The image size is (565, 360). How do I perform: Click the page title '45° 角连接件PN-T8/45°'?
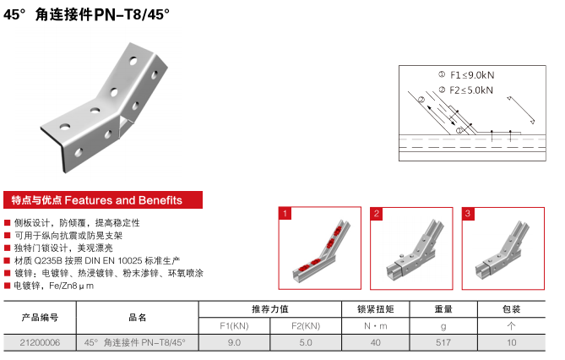[x=86, y=15]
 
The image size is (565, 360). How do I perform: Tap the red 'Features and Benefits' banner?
[x=103, y=199]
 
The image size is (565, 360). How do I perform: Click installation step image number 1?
[x=319, y=248]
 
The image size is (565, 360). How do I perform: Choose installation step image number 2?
[x=411, y=248]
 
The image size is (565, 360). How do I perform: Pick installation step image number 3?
[x=503, y=248]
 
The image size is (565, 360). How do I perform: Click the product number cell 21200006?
[x=40, y=342]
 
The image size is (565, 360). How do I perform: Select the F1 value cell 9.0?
[x=234, y=342]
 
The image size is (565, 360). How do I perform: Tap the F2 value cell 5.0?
[x=306, y=342]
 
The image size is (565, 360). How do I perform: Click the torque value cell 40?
[x=376, y=342]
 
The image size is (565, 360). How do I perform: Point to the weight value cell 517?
[x=443, y=342]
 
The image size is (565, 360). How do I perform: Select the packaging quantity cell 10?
[x=511, y=342]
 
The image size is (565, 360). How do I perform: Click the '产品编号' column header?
[x=40, y=318]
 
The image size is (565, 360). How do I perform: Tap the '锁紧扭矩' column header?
[x=376, y=309]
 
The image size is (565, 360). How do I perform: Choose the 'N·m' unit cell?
[x=376, y=326]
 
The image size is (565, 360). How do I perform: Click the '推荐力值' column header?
[x=270, y=309]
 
